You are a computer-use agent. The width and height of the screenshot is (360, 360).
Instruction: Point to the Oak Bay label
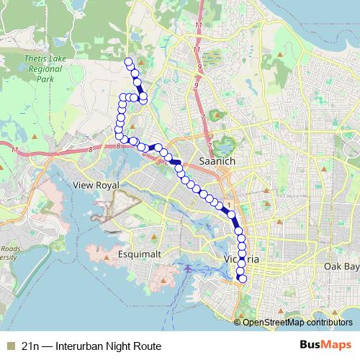point(341,266)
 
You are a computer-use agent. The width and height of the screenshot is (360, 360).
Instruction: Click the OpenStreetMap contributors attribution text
point(297,322)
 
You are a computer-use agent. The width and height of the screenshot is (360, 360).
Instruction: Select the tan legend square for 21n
point(10,346)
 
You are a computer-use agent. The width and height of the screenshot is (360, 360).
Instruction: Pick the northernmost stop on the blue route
point(129,60)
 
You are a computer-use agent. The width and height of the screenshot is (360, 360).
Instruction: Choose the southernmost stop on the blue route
point(243,279)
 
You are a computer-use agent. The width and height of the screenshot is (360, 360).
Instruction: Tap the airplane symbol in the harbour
point(189,269)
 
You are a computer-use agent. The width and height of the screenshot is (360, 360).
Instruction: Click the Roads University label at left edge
point(6,251)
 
